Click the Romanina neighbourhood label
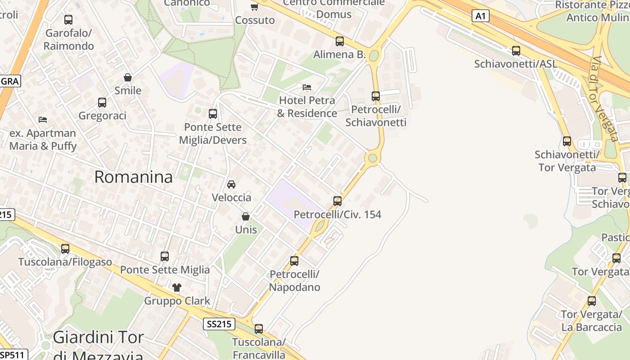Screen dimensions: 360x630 pos(133,177)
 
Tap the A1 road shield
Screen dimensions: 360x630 pos(481,16)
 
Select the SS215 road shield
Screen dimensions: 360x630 pos(219,324)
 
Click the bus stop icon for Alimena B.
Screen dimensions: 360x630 pos(340,41)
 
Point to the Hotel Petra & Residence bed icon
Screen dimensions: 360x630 pos(307,87)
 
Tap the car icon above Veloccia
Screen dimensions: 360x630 pos(231,184)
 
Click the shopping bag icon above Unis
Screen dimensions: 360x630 pos(246,216)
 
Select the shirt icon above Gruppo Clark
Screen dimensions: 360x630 pos(176,287)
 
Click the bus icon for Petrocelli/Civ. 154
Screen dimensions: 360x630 pos(337,201)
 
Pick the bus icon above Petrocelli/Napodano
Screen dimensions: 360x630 pos(294,261)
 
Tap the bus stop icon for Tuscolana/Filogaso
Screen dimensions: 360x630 pos(65,248)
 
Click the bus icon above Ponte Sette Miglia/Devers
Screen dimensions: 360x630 pos(213,114)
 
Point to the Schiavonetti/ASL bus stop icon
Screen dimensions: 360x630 pos(516,51)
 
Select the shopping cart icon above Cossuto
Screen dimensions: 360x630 pos(254,7)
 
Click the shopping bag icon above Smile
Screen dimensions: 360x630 pos(128,77)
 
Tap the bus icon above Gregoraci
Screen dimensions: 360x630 pos(102,103)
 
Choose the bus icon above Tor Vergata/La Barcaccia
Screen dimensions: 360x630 pos(592,301)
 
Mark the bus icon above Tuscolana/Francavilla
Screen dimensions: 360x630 pos(259,329)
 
